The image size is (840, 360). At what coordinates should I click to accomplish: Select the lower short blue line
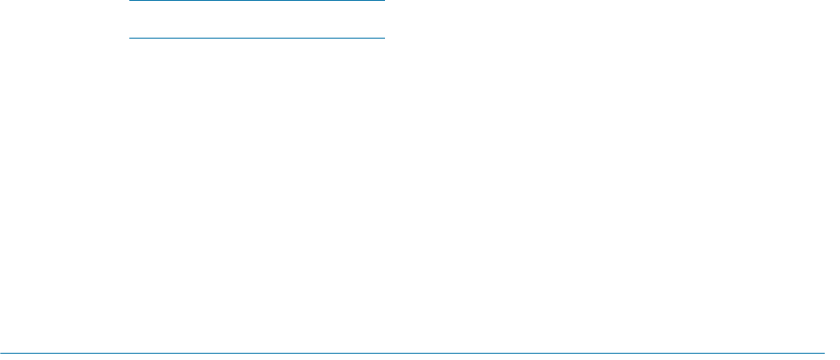point(257,39)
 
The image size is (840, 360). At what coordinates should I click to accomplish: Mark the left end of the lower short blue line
point(131,39)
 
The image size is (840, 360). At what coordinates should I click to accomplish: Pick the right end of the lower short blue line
point(383,39)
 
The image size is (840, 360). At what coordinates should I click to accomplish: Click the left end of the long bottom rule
point(2,352)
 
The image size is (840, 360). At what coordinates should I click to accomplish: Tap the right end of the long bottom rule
point(822,352)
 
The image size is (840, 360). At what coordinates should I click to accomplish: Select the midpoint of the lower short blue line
point(257,39)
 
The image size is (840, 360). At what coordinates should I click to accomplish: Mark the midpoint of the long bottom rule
point(412,352)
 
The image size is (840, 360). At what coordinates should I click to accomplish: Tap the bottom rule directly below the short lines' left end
point(131,352)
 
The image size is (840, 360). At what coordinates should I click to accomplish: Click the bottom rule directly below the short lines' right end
point(383,352)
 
